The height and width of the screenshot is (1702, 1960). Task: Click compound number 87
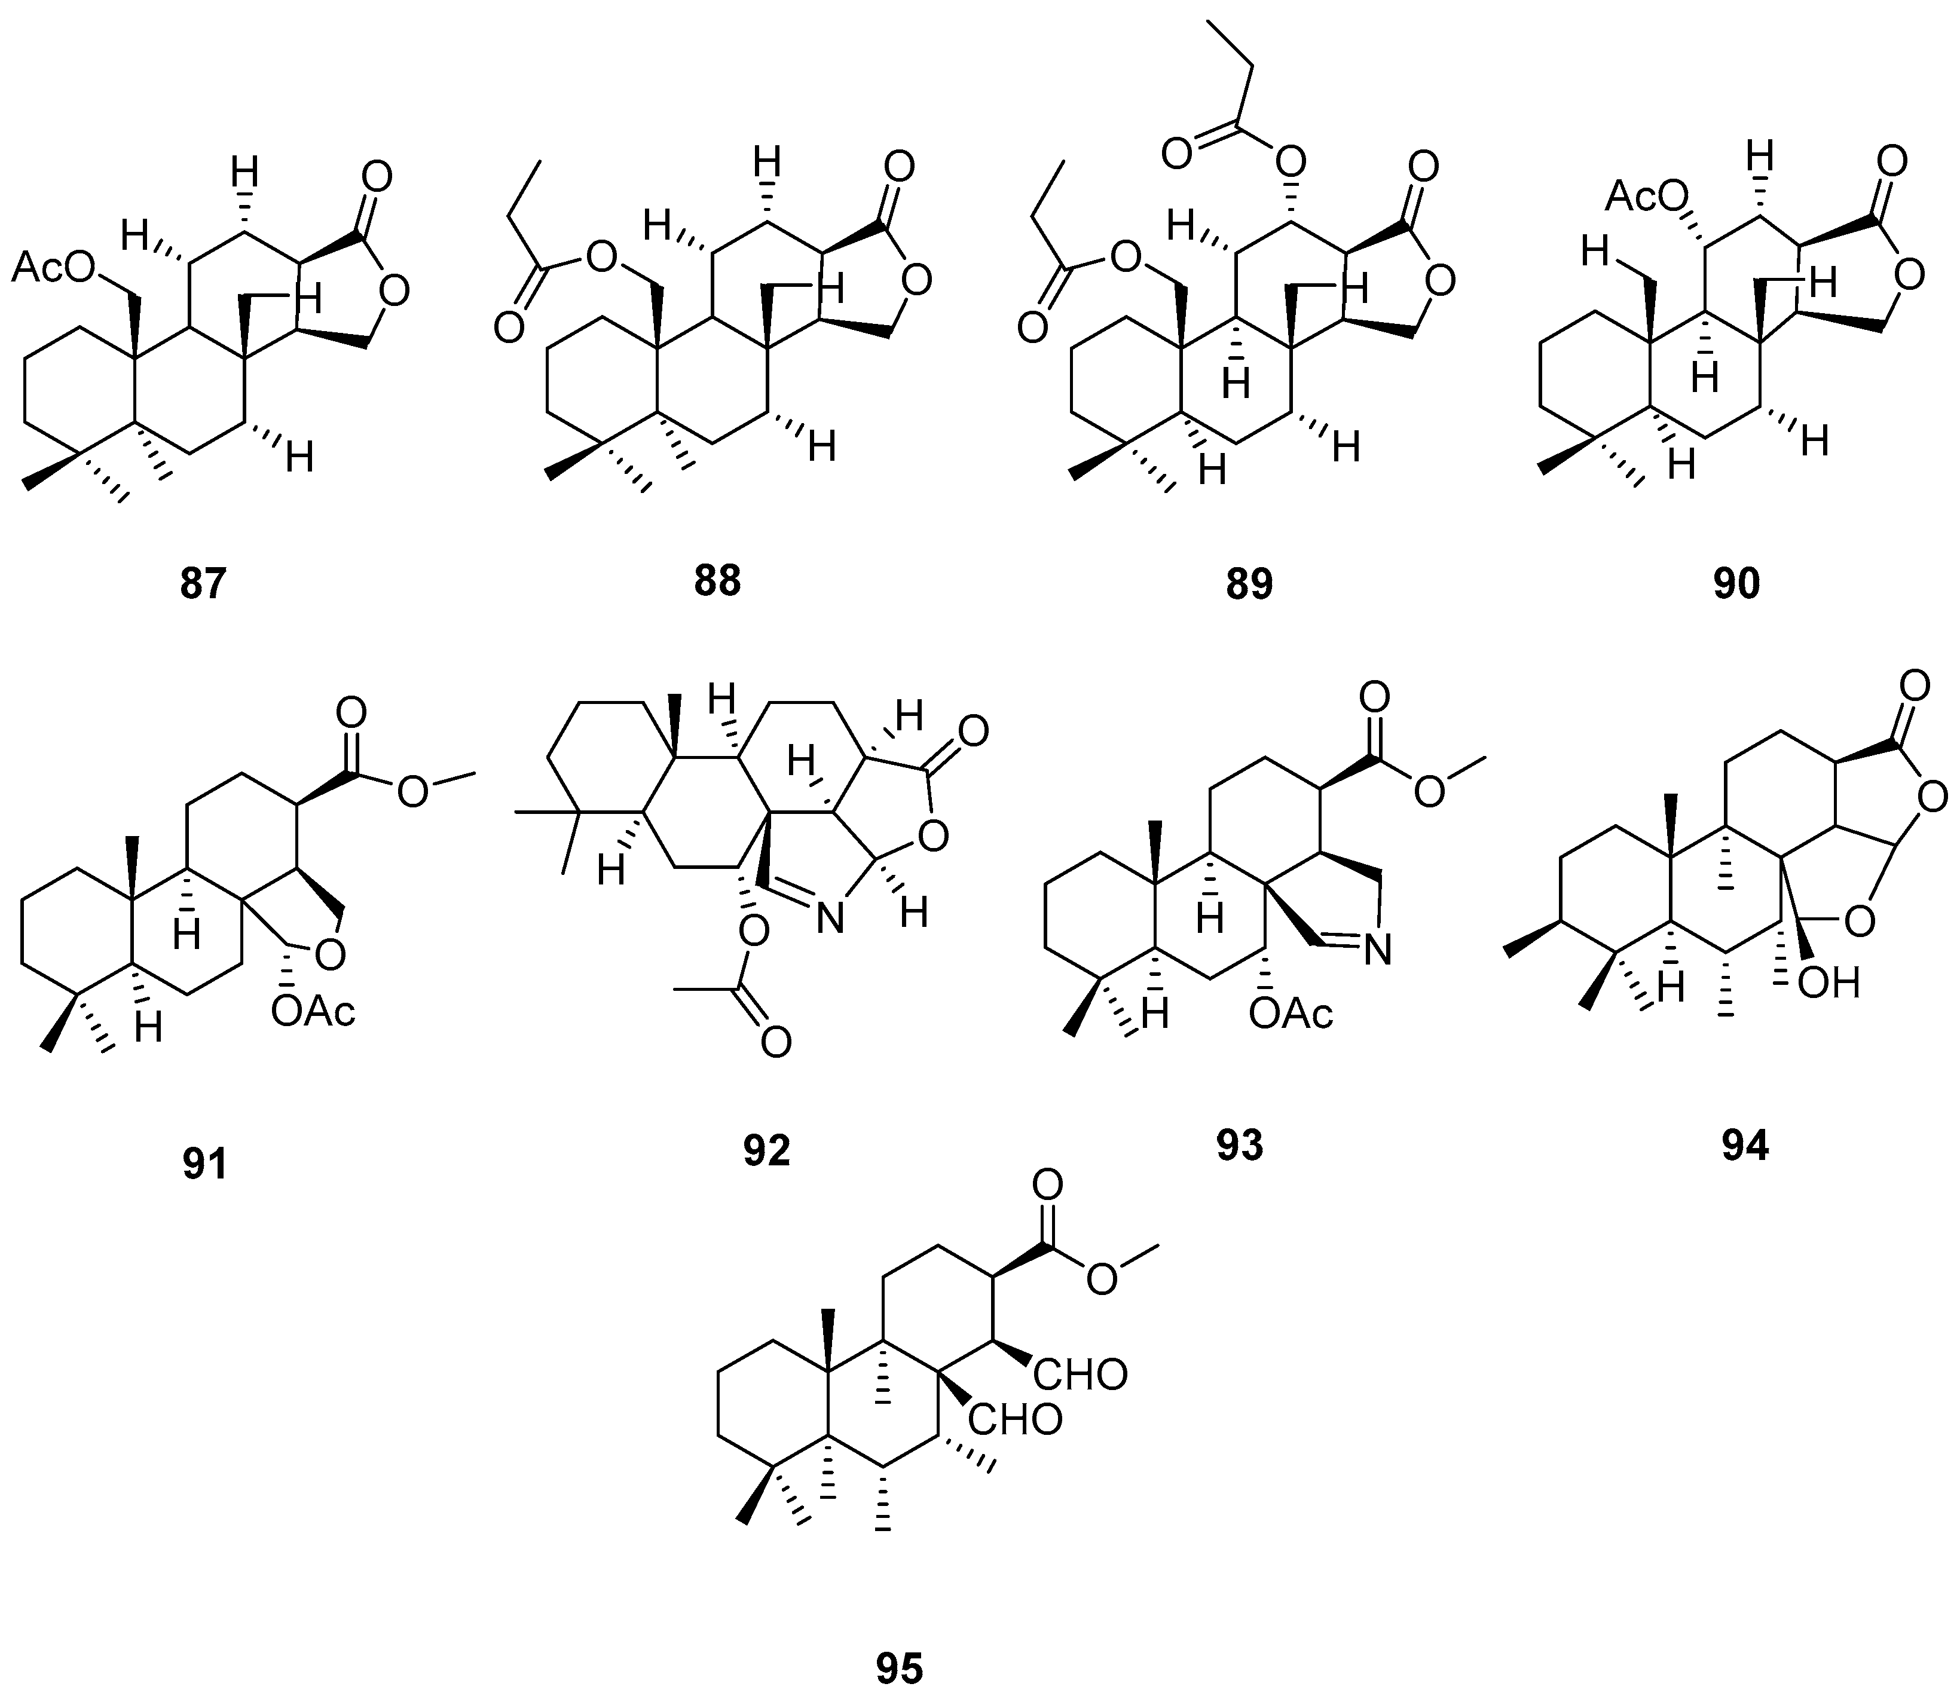point(203,584)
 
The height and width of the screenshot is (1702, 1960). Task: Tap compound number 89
point(1249,584)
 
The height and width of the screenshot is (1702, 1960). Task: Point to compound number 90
point(1736,584)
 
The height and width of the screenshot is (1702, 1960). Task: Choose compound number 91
point(205,1164)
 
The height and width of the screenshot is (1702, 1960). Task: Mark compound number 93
point(1240,1146)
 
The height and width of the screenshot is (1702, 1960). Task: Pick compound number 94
point(1745,1146)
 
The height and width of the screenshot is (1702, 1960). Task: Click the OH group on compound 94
point(1829,983)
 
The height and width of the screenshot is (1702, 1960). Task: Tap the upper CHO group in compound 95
point(1081,1375)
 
